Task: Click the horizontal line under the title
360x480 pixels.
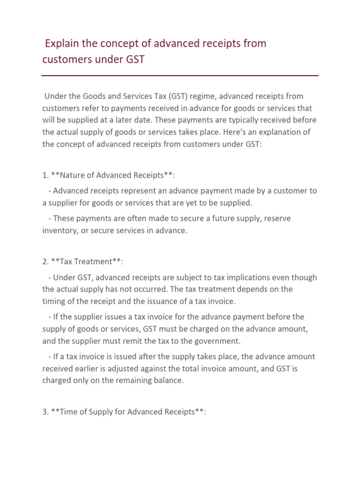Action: (x=180, y=75)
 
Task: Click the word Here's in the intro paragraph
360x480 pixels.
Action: (x=219, y=133)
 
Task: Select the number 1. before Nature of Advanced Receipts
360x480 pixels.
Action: (x=45, y=175)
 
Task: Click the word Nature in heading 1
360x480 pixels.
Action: (x=69, y=175)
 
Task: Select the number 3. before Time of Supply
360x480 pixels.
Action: (x=45, y=412)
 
